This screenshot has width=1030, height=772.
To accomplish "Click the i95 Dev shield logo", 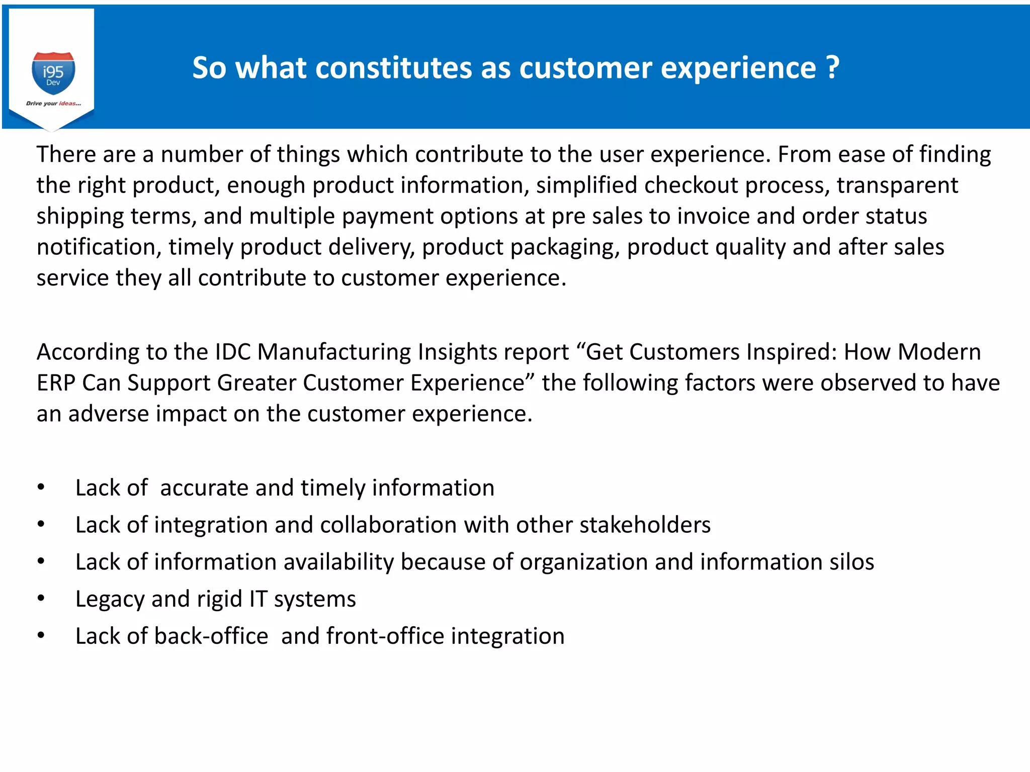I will point(53,73).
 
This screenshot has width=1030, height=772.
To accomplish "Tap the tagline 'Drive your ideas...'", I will point(53,104).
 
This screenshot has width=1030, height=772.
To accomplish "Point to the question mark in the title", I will point(832,68).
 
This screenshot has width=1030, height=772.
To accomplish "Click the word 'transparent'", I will point(897,185).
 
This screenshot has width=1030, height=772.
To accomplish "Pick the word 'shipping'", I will point(80,217).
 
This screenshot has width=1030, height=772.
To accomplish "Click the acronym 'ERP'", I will point(56,383).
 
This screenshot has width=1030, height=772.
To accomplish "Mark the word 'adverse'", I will point(109,414).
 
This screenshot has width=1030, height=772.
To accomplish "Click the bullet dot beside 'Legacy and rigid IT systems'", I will point(41,598).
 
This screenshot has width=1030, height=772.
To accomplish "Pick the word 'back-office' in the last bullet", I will point(211,636).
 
